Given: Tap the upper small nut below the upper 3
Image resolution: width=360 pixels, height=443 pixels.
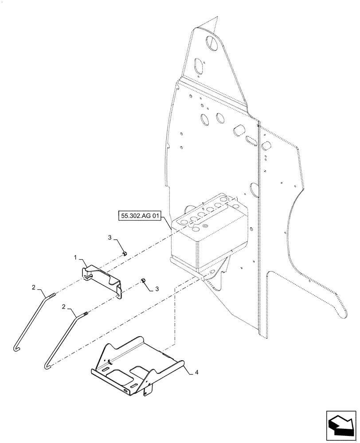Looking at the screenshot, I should point(125,254).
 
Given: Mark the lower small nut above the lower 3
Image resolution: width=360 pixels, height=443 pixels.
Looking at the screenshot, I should point(143,280).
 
